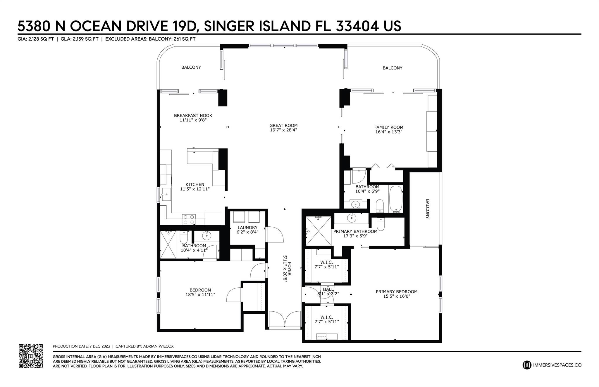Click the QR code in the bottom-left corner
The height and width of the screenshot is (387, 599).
31,356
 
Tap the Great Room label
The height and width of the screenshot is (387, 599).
283,126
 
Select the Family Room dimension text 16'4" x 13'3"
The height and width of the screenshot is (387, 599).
389,132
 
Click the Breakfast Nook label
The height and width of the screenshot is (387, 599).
193,115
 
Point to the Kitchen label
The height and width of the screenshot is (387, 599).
195,184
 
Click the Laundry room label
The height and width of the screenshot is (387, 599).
247,228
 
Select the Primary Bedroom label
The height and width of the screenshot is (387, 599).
397,291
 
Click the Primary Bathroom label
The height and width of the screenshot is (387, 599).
355,231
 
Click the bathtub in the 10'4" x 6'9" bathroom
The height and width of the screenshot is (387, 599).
396,199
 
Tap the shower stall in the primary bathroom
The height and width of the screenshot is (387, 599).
318,231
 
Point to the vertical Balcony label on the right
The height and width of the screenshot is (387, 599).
427,209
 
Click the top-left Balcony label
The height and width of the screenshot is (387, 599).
191,67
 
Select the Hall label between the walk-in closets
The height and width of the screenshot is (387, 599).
328,289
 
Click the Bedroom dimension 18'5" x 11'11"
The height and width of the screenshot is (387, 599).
200,294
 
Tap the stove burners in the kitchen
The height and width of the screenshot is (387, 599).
189,219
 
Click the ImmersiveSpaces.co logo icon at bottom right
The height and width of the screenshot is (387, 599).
527,365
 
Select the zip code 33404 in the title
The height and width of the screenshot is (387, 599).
359,26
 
